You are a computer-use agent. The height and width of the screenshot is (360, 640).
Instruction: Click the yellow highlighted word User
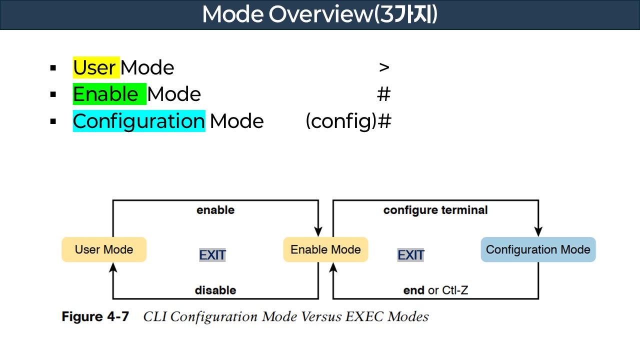96,67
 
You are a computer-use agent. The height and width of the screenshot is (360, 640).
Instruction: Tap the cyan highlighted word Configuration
138,121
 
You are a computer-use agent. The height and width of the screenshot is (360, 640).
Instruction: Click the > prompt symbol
384,67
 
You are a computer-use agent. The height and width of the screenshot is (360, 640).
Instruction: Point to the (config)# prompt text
348,121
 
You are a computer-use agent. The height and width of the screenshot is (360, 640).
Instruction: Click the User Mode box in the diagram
104,249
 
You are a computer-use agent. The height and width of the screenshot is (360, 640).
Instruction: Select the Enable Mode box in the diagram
325,249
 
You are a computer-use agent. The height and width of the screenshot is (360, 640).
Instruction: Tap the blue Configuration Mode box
538,249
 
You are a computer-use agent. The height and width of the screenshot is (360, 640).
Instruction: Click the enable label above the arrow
215,210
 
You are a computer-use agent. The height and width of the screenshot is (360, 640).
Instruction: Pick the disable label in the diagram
215,290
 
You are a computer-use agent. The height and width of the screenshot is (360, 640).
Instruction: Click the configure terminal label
435,210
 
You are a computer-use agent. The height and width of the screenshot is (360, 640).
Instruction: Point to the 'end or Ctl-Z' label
435,290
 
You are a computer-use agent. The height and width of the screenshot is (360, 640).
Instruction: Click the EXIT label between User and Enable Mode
212,255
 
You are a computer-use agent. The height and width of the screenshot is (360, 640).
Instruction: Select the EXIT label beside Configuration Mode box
411,255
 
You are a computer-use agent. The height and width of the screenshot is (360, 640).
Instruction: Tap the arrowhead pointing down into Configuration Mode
538,231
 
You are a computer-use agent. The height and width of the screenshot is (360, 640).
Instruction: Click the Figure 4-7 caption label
95,316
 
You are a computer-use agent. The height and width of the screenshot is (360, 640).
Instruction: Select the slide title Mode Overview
319,15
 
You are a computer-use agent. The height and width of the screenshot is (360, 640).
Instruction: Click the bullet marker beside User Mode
53,68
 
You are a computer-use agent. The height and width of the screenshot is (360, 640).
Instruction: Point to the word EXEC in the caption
362,316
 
